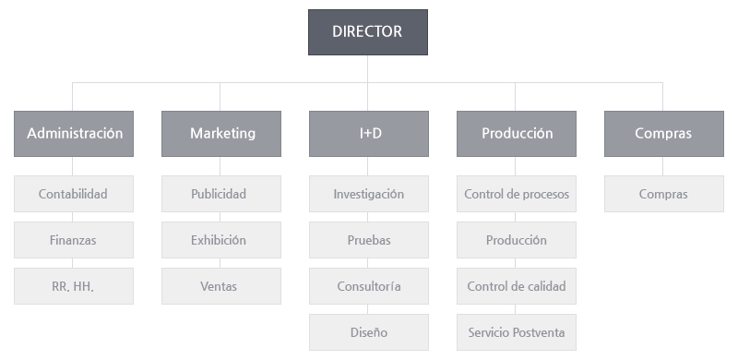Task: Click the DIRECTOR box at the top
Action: tap(367, 32)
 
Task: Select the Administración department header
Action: tap(74, 134)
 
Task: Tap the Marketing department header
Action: tap(221, 134)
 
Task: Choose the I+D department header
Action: tap(369, 134)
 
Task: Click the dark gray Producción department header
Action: tap(517, 134)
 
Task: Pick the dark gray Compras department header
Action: tap(663, 134)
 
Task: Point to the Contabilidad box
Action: tap(74, 194)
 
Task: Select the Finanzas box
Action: tap(74, 240)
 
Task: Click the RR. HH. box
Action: tap(74, 286)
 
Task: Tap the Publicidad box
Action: tap(221, 194)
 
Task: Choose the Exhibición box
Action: tap(221, 240)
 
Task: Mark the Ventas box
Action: tap(221, 286)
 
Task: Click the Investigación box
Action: tap(369, 194)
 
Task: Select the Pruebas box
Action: tap(369, 240)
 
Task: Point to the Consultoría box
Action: tap(369, 286)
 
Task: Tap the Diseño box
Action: tap(369, 332)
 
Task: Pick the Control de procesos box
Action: tap(517, 194)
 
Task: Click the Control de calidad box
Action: tap(517, 286)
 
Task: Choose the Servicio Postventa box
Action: tap(517, 332)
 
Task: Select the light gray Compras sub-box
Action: tap(663, 194)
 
